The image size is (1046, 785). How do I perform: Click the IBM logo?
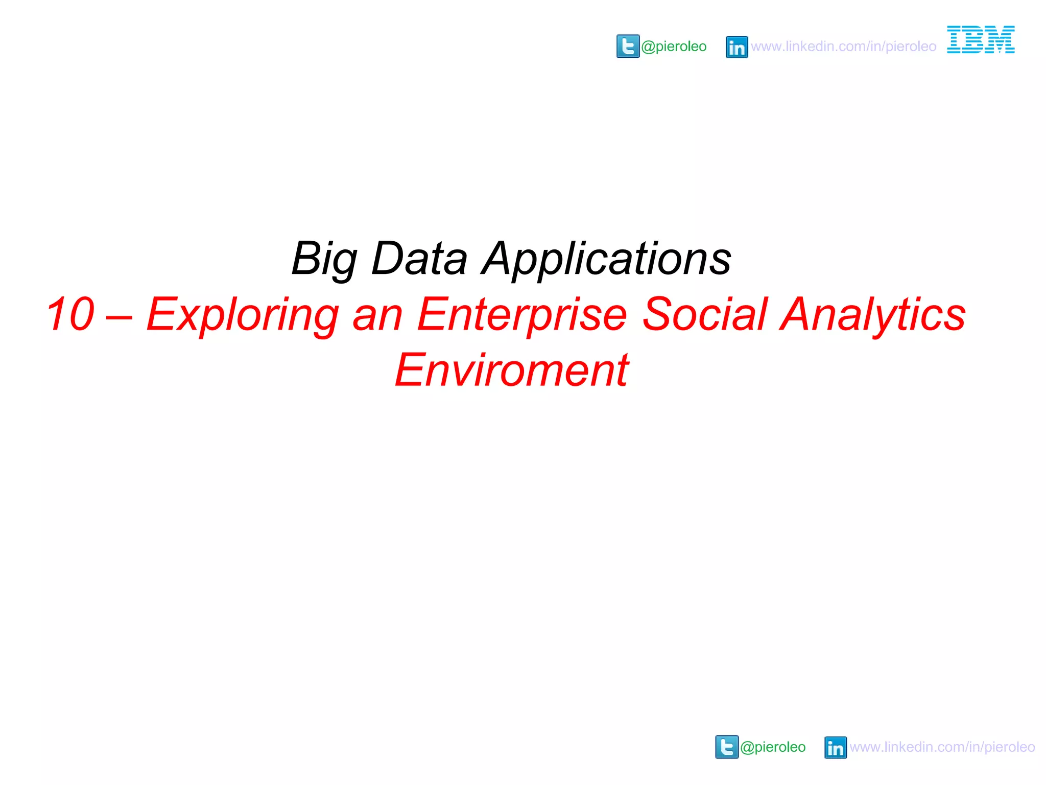[981, 39]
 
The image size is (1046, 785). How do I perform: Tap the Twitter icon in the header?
[628, 47]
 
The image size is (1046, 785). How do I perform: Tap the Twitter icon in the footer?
[727, 747]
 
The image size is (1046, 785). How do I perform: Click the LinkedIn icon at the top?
[736, 47]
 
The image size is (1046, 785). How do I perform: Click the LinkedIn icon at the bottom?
[835, 747]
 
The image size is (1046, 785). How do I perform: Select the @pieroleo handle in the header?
[674, 47]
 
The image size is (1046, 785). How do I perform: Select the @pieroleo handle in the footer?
[773, 747]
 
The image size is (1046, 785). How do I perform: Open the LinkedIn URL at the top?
[843, 47]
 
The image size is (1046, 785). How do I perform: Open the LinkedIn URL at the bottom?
[942, 747]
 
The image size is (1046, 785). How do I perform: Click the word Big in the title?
[324, 259]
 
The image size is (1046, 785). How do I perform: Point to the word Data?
[419, 258]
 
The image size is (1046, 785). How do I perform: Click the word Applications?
[607, 259]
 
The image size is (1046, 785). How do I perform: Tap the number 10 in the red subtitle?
[70, 314]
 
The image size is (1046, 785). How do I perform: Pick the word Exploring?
[243, 315]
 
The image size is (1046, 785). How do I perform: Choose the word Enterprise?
[522, 315]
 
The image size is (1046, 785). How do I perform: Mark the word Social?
[705, 314]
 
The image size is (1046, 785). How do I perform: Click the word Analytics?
[873, 315]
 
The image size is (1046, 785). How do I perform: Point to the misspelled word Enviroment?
[512, 370]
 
